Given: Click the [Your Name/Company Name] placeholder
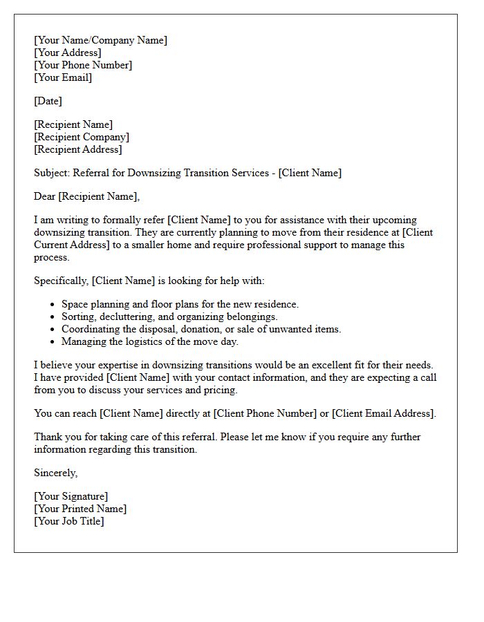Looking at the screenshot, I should pyautogui.click(x=100, y=40).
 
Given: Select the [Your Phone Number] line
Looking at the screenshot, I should pyautogui.click(x=83, y=65).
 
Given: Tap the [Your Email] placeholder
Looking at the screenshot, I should pyautogui.click(x=63, y=77).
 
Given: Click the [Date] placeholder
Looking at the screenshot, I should pyautogui.click(x=48, y=101).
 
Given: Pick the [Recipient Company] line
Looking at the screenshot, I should pyautogui.click(x=82, y=137).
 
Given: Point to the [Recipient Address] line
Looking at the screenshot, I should pyautogui.click(x=77, y=149).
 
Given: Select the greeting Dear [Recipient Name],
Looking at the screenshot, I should pyautogui.click(x=86, y=196).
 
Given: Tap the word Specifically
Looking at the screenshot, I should pyautogui.click(x=61, y=281).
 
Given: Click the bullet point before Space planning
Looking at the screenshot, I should pyautogui.click(x=53, y=305).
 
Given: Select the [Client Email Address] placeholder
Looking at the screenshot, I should pyautogui.click(x=383, y=413).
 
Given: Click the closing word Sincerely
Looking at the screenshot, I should pyautogui.click(x=55, y=473).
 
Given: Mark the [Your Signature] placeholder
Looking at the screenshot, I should pyautogui.click(x=71, y=496).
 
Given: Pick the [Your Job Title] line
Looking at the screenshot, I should pyautogui.click(x=68, y=521).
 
